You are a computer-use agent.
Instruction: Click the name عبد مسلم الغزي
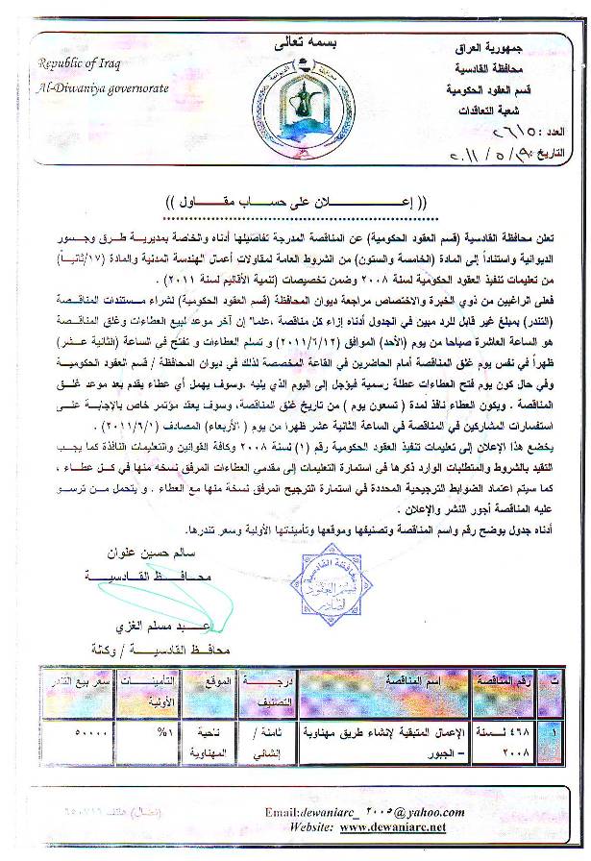click(148, 626)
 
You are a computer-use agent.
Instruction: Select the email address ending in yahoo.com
click(362, 811)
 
